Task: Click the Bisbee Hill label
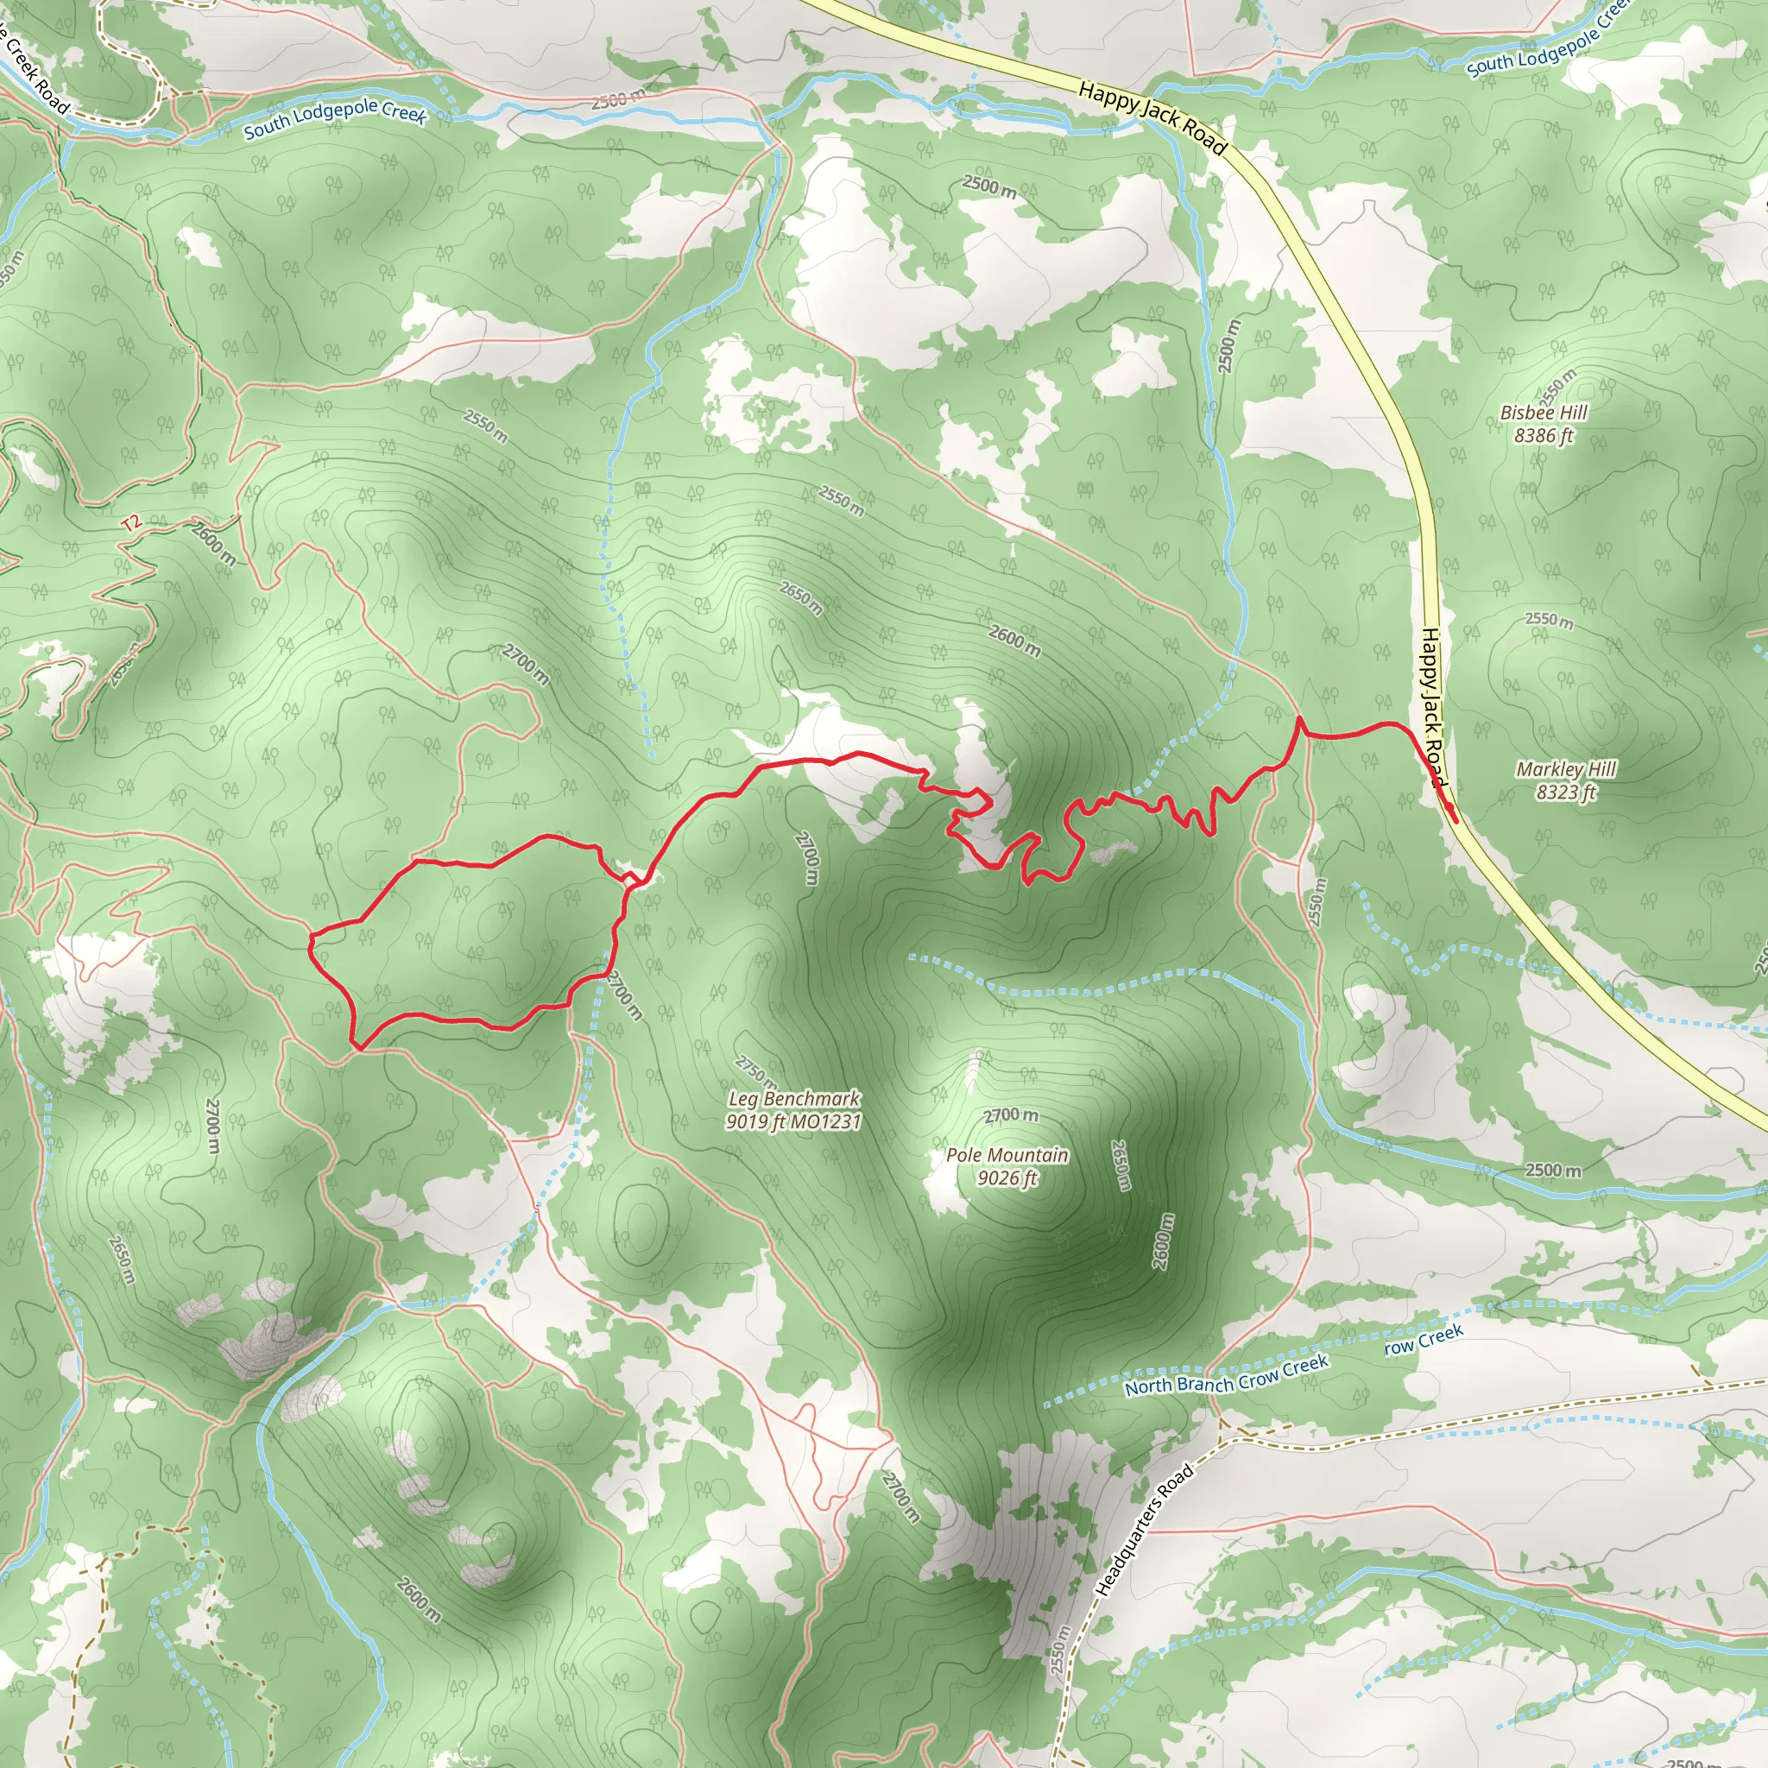(x=1544, y=413)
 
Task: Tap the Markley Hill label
(x=1567, y=768)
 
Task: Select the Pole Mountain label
(x=1007, y=1155)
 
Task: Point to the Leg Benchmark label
(x=794, y=1098)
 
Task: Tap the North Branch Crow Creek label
(x=1226, y=1375)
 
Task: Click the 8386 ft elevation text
(x=1544, y=436)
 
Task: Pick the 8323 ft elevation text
(x=1567, y=792)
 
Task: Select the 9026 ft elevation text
(x=1007, y=1178)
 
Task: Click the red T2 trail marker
(x=131, y=523)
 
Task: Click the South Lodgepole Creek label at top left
(x=335, y=119)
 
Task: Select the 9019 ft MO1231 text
(x=794, y=1121)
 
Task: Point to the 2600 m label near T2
(x=213, y=543)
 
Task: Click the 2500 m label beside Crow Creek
(x=1553, y=1171)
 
